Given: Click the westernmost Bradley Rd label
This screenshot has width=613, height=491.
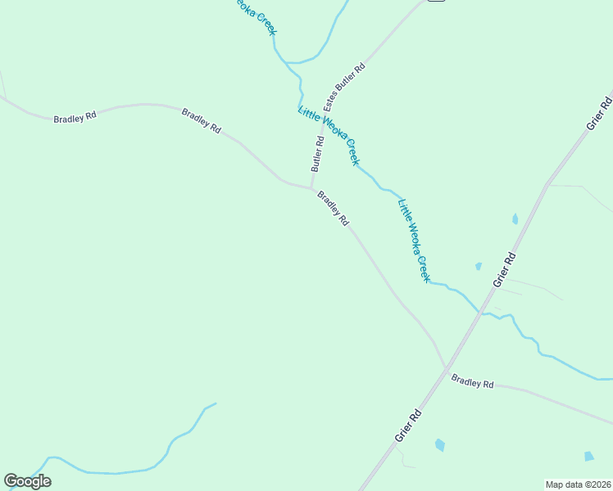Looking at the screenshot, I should [x=75, y=117].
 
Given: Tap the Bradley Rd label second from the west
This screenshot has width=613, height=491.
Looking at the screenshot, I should [x=201, y=121].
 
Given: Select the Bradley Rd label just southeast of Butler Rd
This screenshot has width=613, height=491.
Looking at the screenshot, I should [x=334, y=209].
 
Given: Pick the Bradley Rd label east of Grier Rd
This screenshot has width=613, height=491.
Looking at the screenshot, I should [x=473, y=381].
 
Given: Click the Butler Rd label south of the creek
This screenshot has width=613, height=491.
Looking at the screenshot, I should [x=318, y=153].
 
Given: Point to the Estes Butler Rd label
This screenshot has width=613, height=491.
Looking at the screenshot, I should [x=343, y=86].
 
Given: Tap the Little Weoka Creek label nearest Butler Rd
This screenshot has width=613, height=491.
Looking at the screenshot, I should [x=329, y=136].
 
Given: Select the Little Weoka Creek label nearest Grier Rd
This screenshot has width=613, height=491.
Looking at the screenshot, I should [x=414, y=241].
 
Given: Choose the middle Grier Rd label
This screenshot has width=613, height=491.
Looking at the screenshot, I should [x=505, y=269].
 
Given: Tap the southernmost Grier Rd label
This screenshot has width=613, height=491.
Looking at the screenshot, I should [x=408, y=425].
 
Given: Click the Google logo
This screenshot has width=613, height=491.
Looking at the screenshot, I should [x=27, y=481].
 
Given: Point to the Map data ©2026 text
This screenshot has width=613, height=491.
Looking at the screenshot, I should [x=578, y=484].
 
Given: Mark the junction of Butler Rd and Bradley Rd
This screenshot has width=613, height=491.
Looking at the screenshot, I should [x=311, y=188].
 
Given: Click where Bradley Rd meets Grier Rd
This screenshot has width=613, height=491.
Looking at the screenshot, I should [x=447, y=368].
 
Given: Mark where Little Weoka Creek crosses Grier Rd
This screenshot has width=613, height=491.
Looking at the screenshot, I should [x=481, y=313].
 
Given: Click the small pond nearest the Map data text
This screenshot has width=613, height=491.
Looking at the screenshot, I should [x=589, y=456].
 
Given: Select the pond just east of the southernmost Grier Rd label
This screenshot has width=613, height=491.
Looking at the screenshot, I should [x=440, y=445].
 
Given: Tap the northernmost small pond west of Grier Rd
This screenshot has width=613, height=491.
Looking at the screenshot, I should [x=478, y=266].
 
